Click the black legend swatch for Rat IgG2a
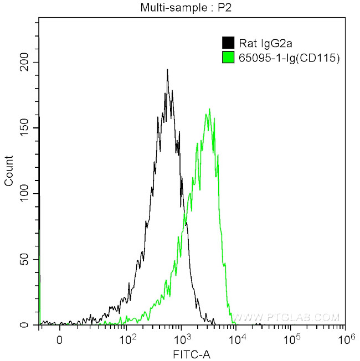pos(227,42)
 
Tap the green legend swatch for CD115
pos(227,56)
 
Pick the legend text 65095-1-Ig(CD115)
pos(288,56)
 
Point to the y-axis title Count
pos(9,174)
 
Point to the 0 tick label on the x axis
pos(59,339)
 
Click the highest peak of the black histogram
pos(167,70)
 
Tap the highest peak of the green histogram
pos(209,109)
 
